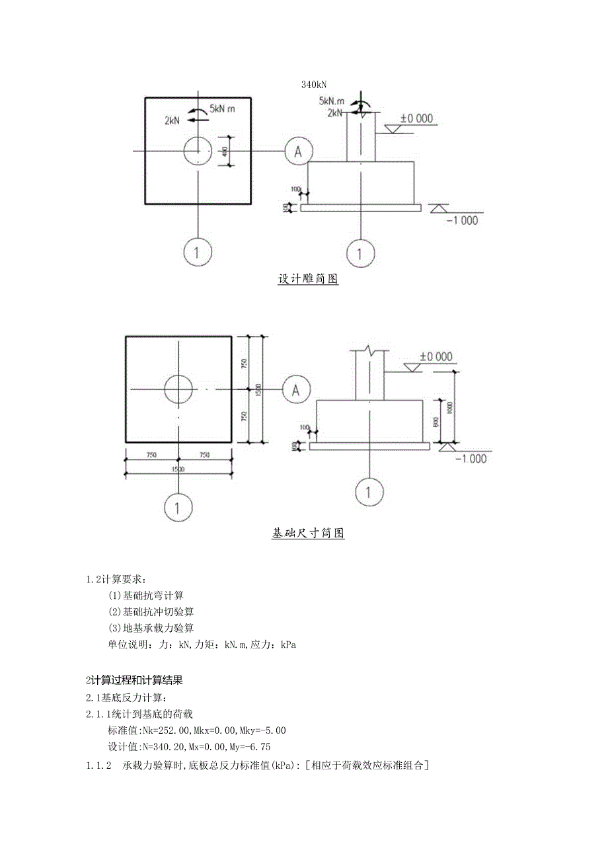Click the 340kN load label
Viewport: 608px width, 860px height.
(315, 84)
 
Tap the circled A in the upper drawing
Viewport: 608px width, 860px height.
(298, 151)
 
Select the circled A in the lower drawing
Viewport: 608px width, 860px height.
(297, 390)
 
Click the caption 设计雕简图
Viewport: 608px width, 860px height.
(308, 279)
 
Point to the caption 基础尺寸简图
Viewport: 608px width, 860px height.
(308, 533)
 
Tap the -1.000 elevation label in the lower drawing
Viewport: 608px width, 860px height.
(471, 459)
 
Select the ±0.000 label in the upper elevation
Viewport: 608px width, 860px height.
(417, 118)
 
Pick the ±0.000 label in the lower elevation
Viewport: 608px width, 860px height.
(436, 356)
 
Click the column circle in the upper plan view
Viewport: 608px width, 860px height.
(197, 151)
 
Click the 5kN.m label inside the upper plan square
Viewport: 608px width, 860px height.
(223, 108)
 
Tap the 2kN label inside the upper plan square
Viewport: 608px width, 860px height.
(173, 120)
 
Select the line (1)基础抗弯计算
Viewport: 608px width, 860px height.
(146, 596)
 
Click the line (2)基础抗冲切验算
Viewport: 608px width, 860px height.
(151, 611)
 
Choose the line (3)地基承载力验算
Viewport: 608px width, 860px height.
(151, 628)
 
